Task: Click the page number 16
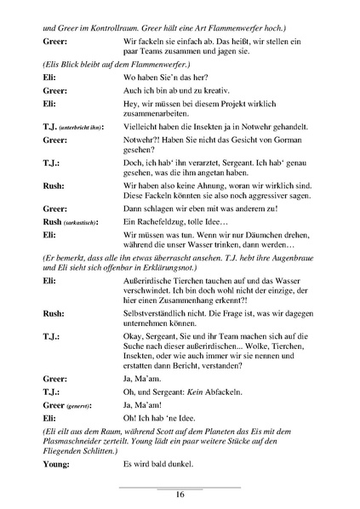pyautogui.click(x=180, y=494)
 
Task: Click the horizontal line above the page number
pyautogui.click(x=180, y=486)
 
